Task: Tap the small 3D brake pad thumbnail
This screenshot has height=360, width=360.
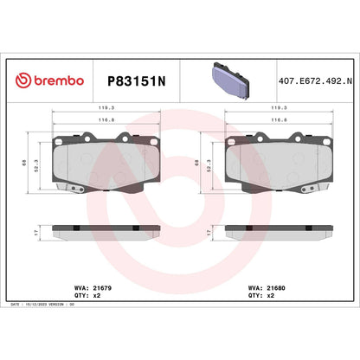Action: [228, 79]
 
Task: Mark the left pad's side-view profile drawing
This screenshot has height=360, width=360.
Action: [106, 232]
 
